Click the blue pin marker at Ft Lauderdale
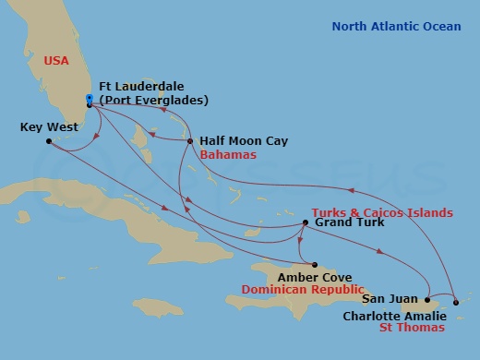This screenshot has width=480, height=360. (x=89, y=98)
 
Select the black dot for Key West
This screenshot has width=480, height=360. (x=49, y=141)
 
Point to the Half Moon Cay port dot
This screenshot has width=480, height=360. (x=190, y=141)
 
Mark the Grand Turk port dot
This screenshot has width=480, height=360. (x=306, y=222)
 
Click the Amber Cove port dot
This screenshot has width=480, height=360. (x=314, y=264)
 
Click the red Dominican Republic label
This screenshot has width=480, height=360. (x=300, y=289)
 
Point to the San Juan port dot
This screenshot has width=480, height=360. (x=427, y=299)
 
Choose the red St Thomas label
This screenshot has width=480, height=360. (x=414, y=327)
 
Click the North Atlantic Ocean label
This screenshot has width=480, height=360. (x=396, y=27)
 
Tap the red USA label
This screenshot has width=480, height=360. (x=57, y=61)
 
